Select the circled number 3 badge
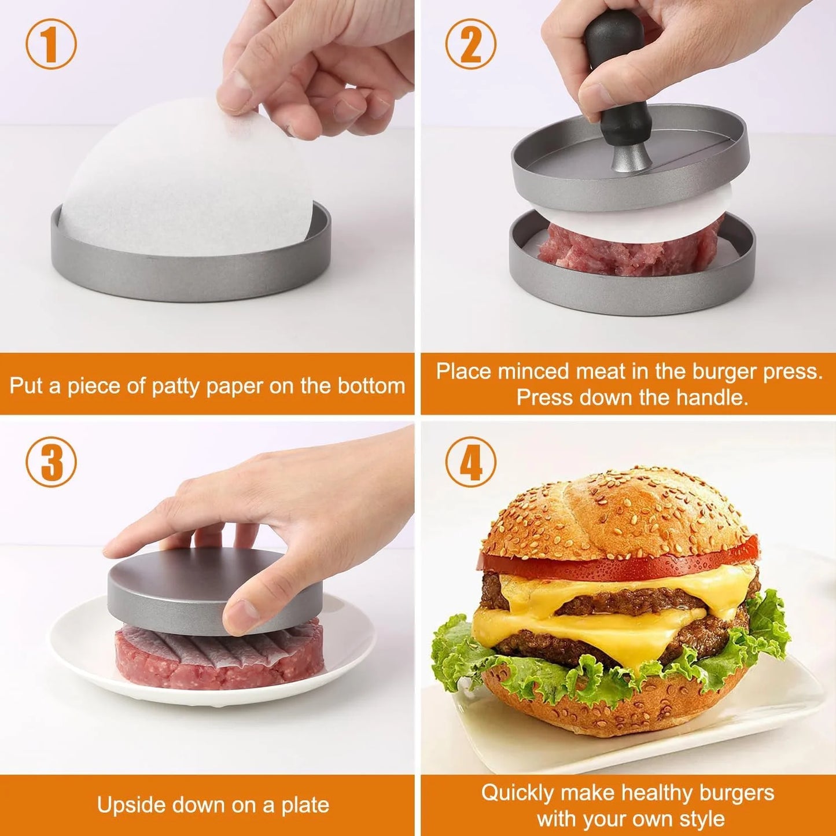pos(51,461)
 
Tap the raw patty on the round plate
pos(220,660)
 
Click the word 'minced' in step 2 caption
pos(533,371)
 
